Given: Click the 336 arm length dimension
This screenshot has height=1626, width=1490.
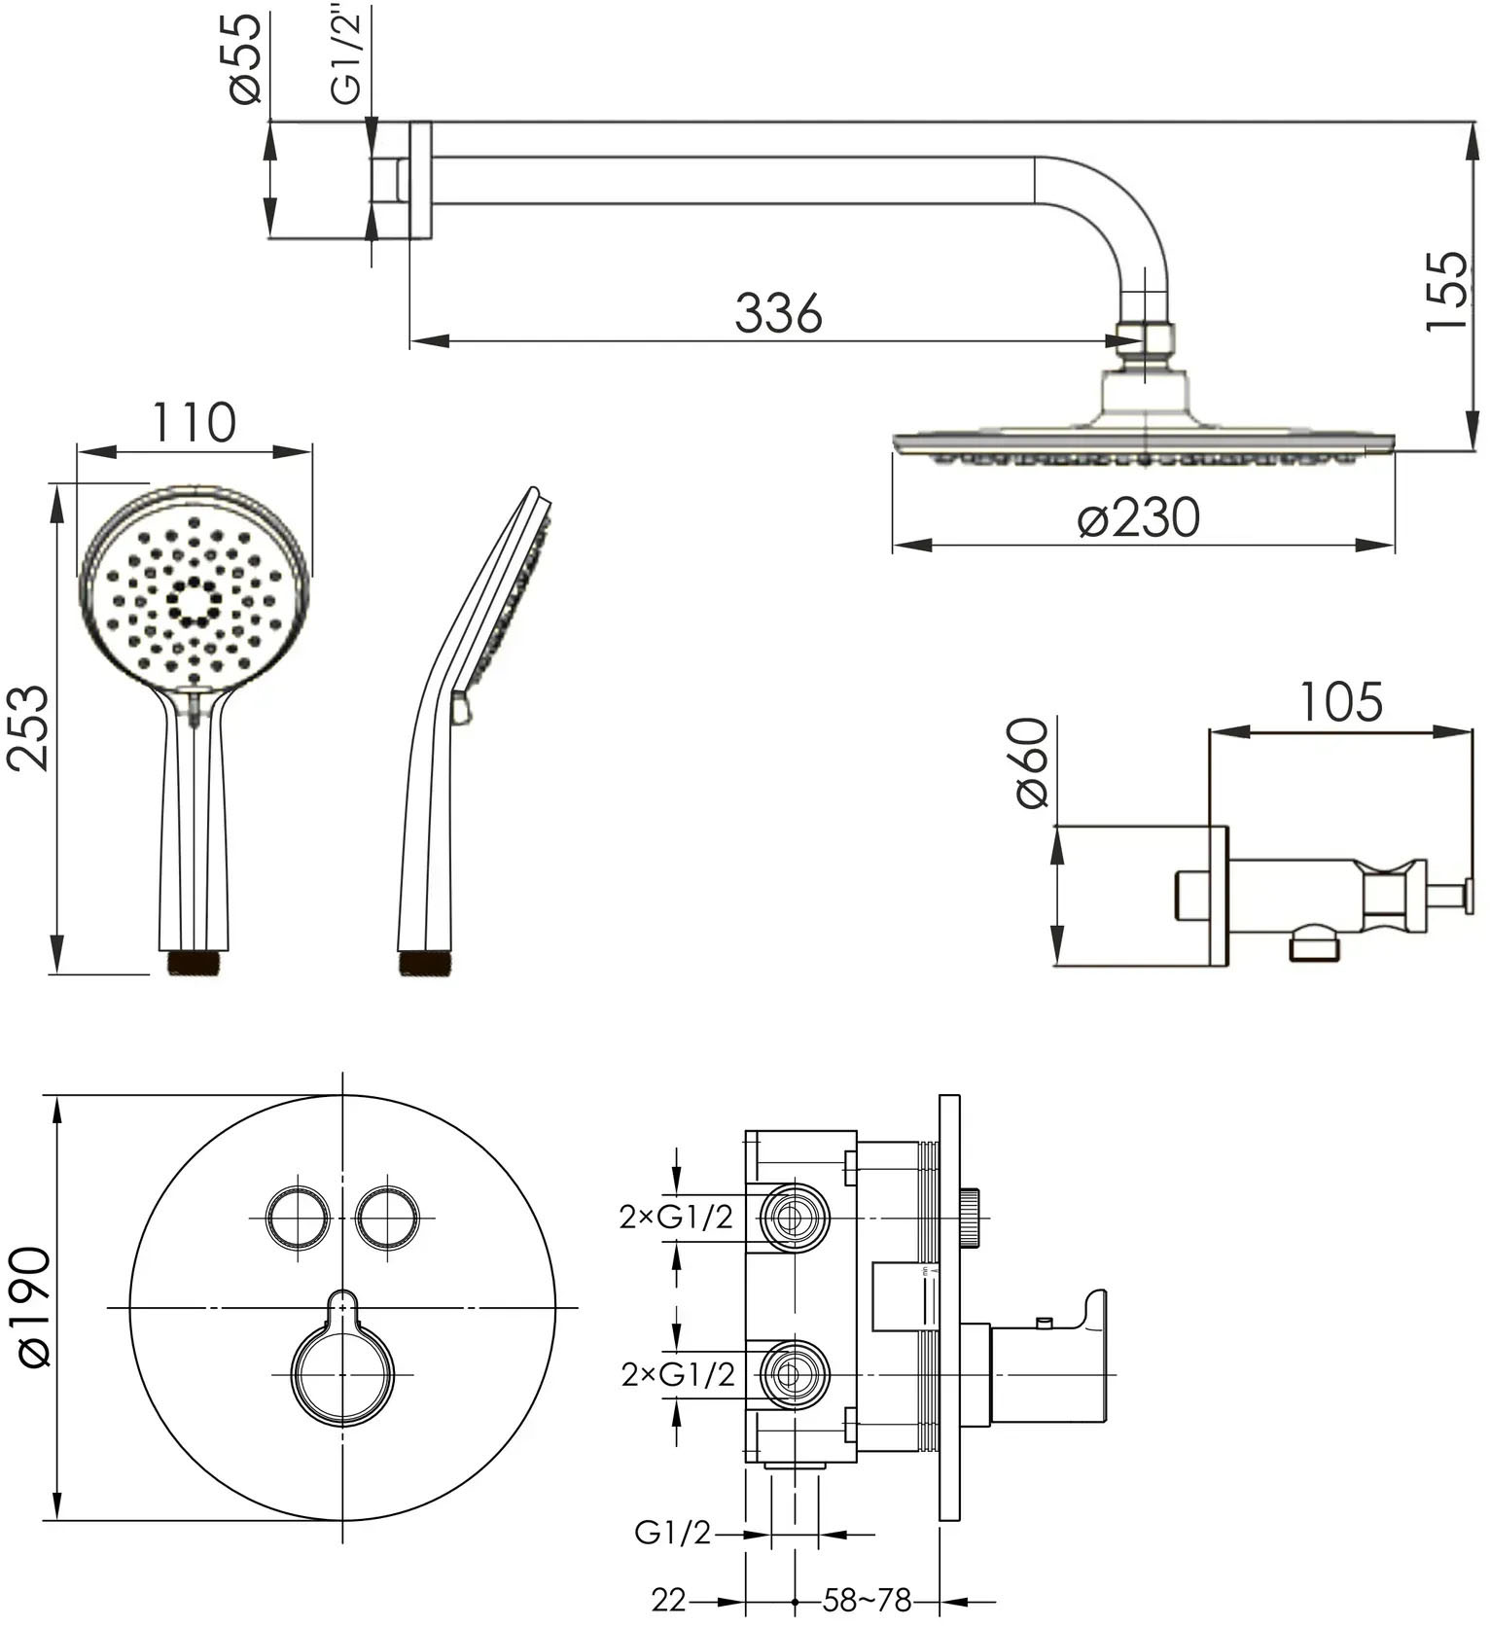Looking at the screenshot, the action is pos(778,313).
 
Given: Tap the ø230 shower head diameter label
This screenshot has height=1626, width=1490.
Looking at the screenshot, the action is pos(1139,517).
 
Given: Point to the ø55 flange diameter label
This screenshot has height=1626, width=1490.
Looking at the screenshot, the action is pos(246,57).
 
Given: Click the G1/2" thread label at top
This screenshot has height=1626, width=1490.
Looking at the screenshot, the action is pos(347,53).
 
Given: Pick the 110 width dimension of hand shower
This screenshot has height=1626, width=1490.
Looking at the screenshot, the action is pos(194,422).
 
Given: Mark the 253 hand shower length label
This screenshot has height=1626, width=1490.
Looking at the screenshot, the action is pos(29,727).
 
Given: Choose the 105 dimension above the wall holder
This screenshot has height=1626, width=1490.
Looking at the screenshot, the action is pos(1341,701).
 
